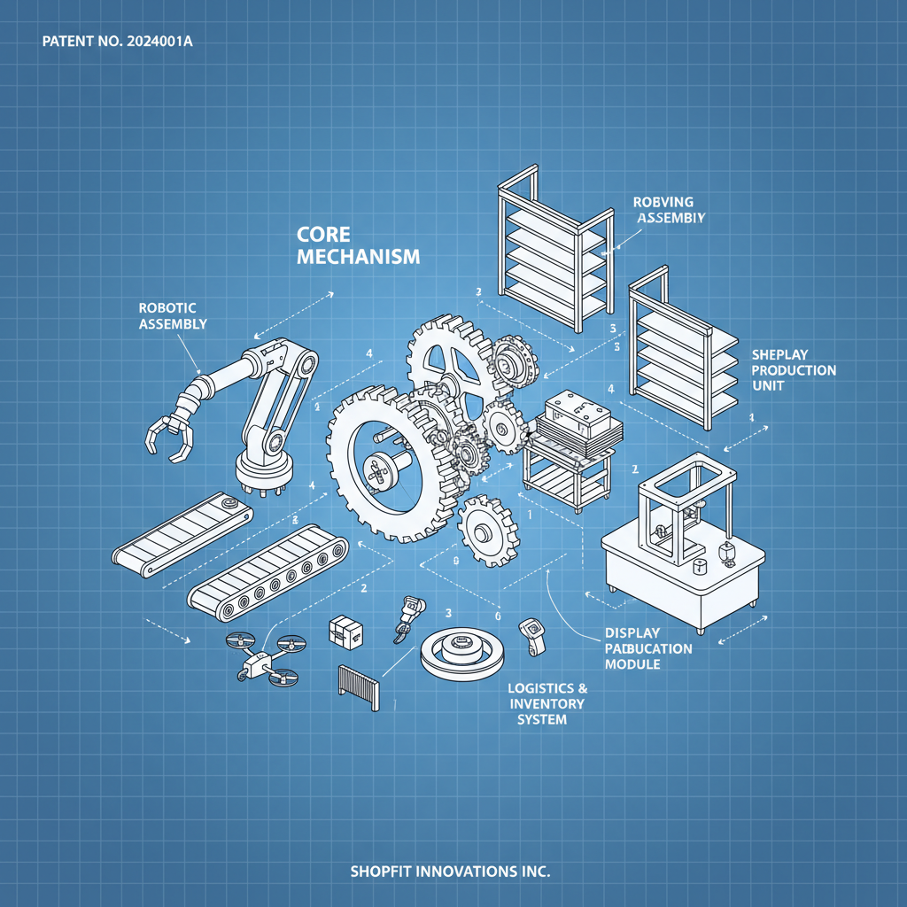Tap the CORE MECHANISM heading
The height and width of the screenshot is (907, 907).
point(358,245)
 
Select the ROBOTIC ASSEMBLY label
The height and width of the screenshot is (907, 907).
point(173,316)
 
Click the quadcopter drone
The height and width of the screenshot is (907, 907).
point(266,658)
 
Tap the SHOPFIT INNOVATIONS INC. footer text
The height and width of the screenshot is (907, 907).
point(450,872)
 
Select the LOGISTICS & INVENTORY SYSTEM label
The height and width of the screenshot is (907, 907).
point(547,704)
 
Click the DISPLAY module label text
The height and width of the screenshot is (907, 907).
point(632,632)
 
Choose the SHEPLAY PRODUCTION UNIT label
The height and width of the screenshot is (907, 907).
point(794,370)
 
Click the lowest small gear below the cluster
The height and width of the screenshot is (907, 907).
point(488,531)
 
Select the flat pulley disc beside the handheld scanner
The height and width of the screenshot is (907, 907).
point(461,653)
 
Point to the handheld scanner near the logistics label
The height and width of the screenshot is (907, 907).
point(532,637)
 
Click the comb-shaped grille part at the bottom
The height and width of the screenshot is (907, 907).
point(359,687)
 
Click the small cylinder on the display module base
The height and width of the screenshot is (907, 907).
point(700,566)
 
